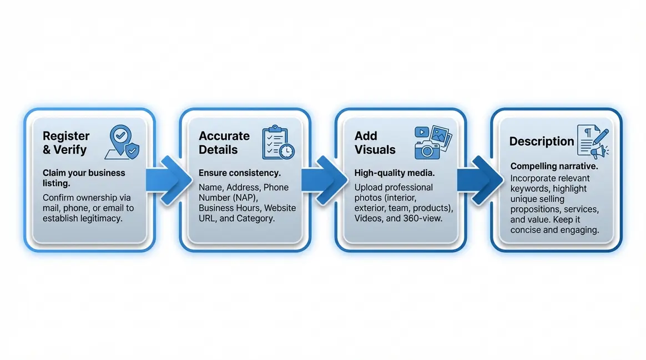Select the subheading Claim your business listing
83,178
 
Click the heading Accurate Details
224,143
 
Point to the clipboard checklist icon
276,141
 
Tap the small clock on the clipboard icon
287,151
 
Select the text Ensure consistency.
239,173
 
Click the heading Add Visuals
375,143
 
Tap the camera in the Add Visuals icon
427,149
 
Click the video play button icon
422,133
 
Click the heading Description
541,141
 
